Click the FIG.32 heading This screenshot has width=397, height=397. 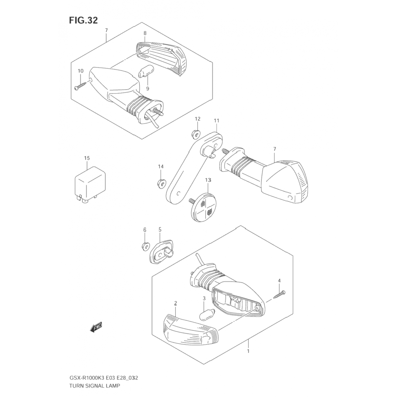[83, 20]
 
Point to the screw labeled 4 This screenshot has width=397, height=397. [279, 295]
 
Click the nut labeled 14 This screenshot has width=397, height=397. [161, 183]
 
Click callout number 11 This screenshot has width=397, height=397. [216, 121]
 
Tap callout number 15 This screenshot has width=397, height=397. [87, 158]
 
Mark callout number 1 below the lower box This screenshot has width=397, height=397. [248, 351]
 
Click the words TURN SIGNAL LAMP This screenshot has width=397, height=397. [94, 386]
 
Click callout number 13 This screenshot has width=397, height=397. [208, 180]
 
